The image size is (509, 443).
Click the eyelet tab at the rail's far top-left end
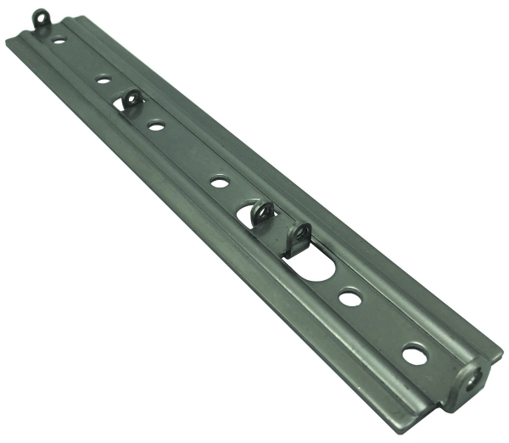(41, 19)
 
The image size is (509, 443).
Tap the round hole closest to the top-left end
(59, 39)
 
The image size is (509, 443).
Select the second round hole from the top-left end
(103, 79)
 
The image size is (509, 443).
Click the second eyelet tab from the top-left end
(132, 101)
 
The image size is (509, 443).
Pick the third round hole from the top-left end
(156, 126)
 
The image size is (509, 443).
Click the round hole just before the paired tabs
(219, 181)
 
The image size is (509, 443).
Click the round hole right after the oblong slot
(350, 297)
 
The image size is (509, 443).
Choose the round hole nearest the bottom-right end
(414, 354)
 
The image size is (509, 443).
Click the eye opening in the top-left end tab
(40, 14)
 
